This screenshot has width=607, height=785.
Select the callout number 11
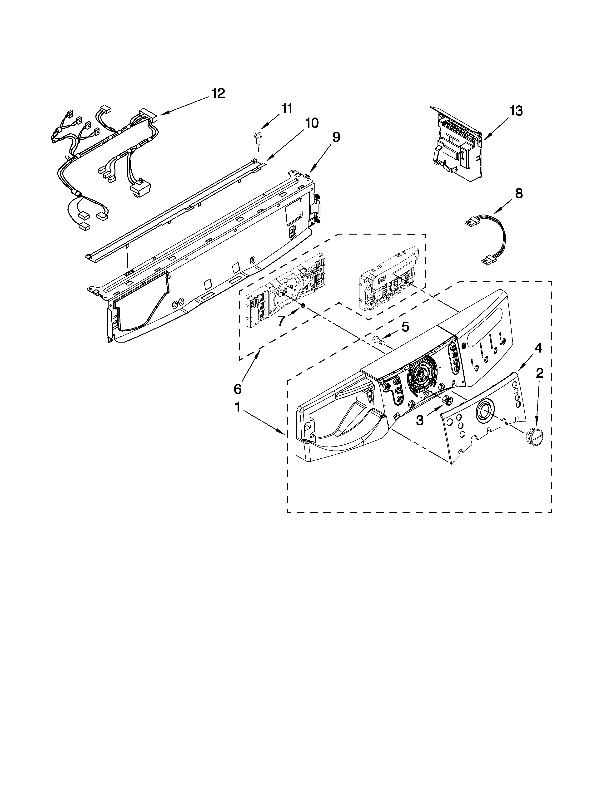pyautogui.click(x=287, y=108)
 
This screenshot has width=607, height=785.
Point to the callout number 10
pyautogui.click(x=311, y=123)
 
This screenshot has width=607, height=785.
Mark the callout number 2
pyautogui.click(x=539, y=374)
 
